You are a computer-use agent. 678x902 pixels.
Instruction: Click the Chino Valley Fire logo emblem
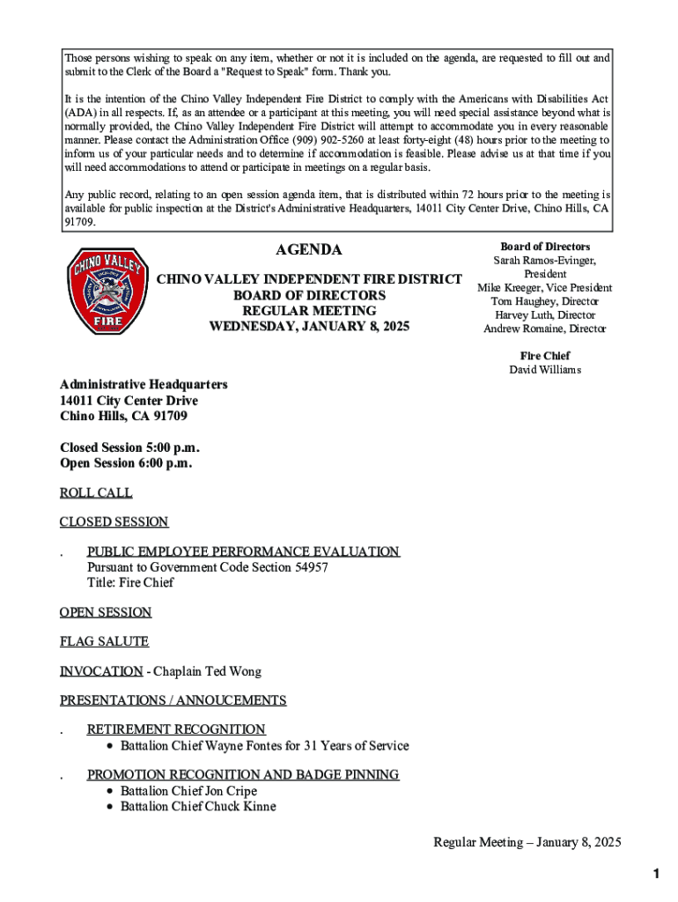coord(102,291)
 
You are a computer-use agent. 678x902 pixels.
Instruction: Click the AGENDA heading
coord(309,250)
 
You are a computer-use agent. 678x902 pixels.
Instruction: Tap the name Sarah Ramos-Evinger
coord(544,261)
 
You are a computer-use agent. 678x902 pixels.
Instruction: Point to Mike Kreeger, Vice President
coord(544,288)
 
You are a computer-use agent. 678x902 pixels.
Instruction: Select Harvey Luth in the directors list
coord(521,315)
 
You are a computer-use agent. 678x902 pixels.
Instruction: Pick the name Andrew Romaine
coord(523,329)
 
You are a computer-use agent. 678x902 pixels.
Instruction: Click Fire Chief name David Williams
coord(544,370)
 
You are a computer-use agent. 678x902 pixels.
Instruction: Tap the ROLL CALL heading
coord(96,492)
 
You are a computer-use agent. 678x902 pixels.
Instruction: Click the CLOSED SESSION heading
coord(114,521)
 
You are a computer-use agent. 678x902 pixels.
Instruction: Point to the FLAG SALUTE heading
coord(104,641)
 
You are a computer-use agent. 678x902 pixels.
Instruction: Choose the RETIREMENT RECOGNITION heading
coord(176,729)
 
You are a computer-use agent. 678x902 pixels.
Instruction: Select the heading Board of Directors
coord(544,247)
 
